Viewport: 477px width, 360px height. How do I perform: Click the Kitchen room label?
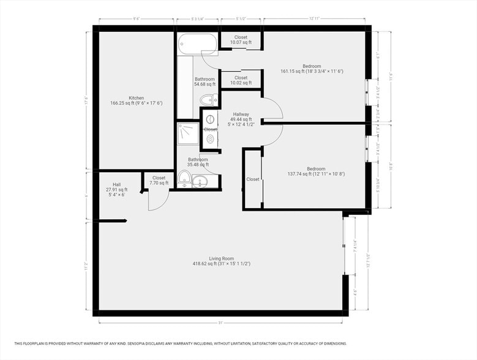pos(136,100)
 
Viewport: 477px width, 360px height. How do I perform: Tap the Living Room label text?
pos(220,261)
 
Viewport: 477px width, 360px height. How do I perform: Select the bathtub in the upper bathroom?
pos(197,44)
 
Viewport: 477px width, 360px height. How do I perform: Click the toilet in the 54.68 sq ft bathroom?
pos(209,100)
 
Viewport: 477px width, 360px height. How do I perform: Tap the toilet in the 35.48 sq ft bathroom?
pos(184,178)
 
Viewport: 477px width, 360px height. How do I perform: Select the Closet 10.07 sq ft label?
pos(241,40)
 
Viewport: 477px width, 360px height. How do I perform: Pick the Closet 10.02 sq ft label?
pos(241,80)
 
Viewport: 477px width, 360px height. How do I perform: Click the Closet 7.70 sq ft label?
pos(159,181)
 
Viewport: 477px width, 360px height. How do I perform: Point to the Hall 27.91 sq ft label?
pos(117,189)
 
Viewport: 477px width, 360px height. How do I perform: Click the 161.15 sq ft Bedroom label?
pos(314,69)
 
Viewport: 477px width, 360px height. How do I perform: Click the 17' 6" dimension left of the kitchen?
pos(86,100)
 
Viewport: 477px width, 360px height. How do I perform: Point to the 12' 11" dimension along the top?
pos(315,19)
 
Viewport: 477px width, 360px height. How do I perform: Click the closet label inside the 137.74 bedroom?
pos(252,179)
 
